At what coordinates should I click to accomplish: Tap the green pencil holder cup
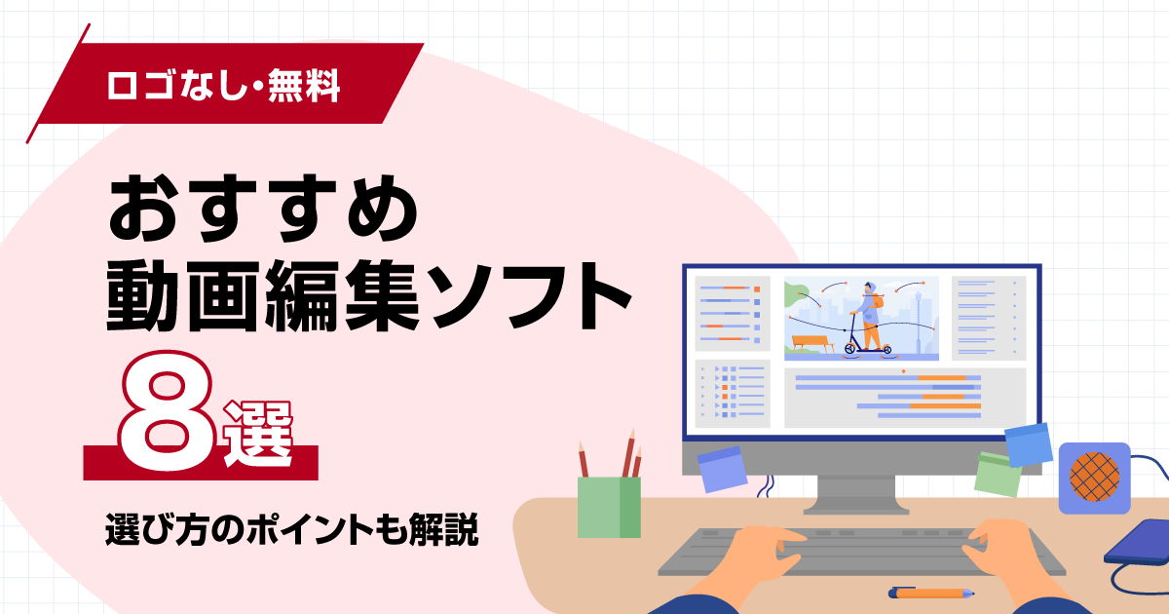(x=609, y=507)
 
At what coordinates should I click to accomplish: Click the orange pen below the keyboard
(x=930, y=592)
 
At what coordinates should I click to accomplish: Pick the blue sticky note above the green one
(x=1028, y=444)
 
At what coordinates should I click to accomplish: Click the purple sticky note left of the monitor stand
(x=722, y=469)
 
